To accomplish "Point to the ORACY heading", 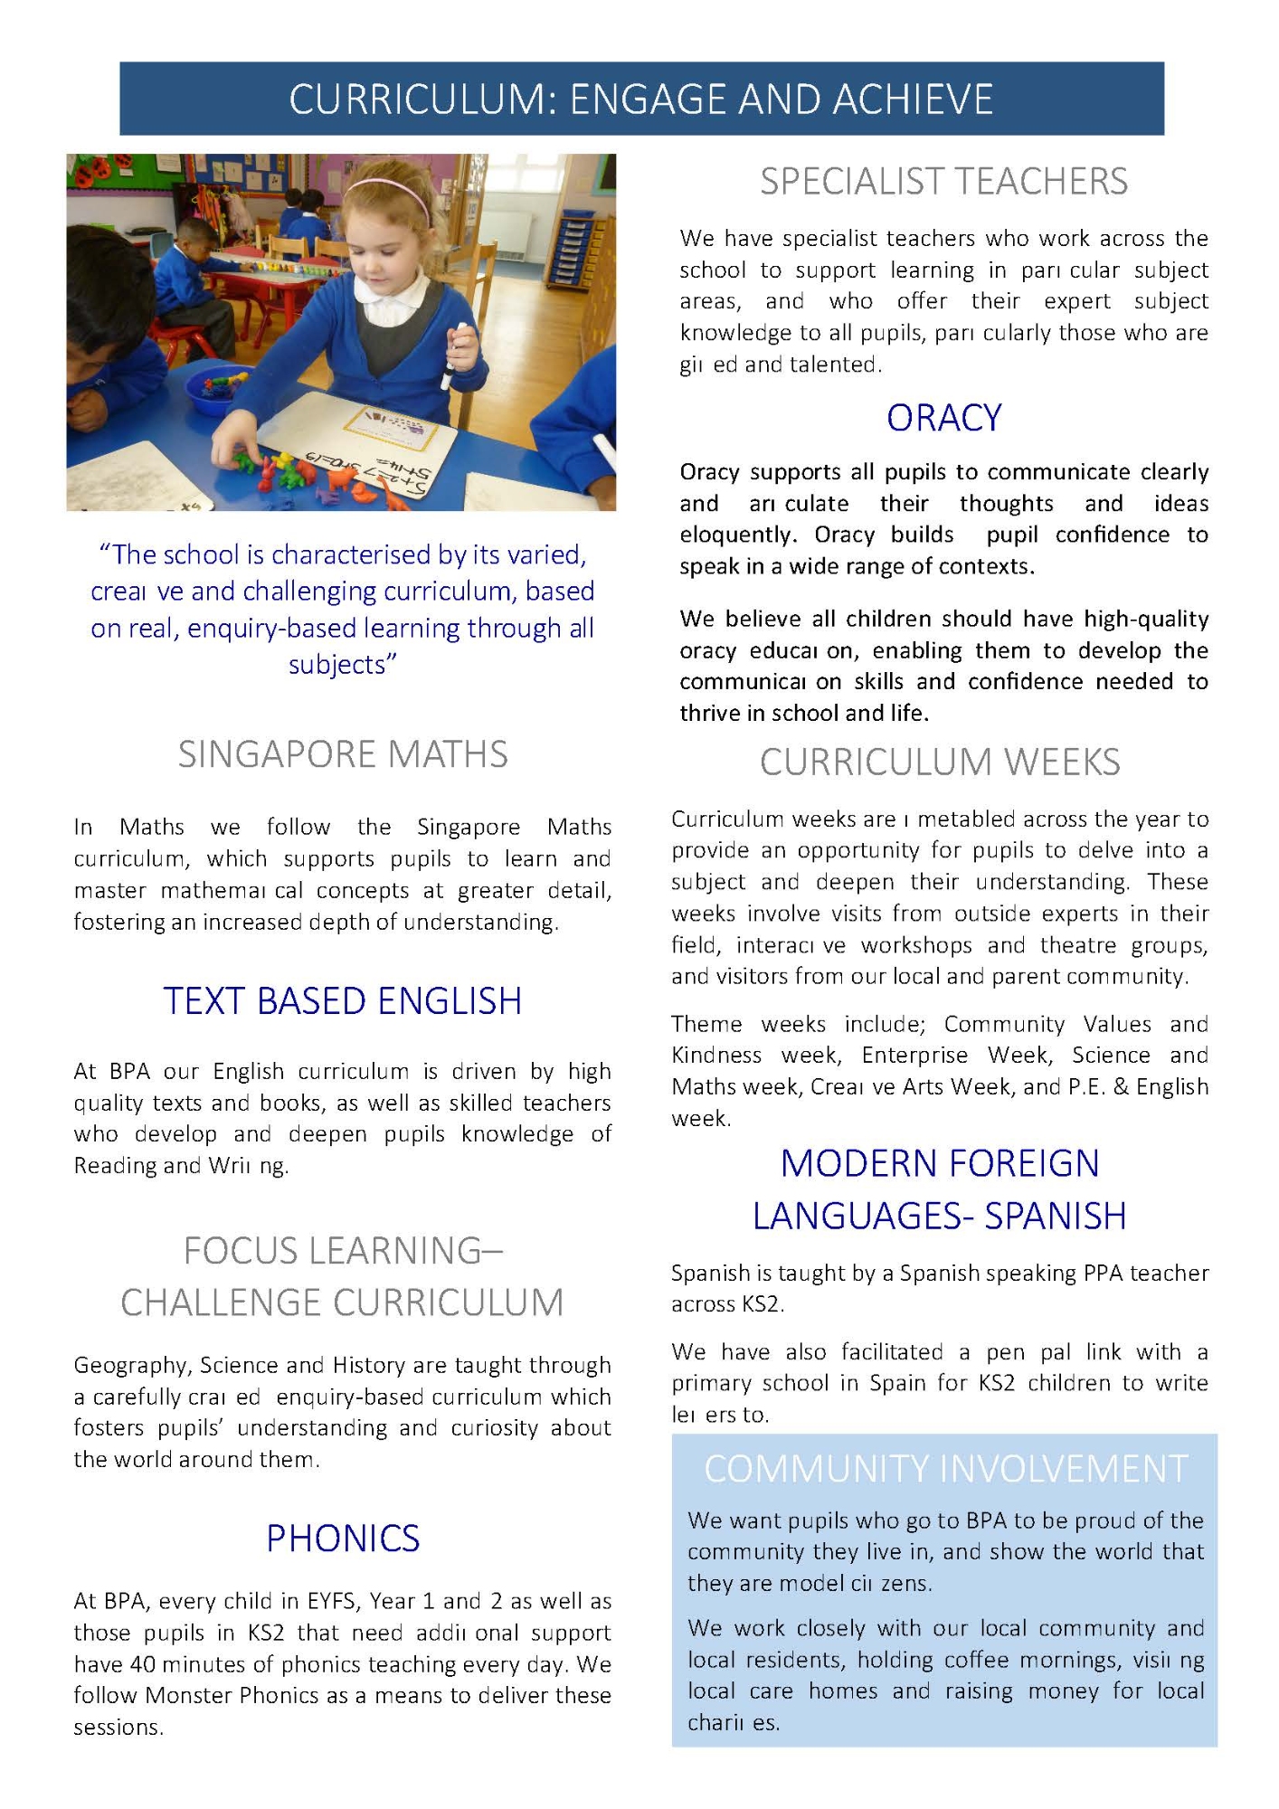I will (943, 418).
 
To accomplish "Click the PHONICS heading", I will (343, 1539).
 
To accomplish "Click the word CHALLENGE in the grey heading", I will (222, 1303).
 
